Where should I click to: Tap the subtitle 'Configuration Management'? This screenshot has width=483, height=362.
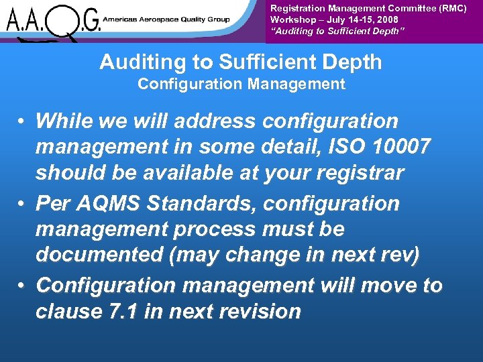pyautogui.click(x=241, y=84)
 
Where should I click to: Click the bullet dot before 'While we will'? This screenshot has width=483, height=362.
pyautogui.click(x=22, y=122)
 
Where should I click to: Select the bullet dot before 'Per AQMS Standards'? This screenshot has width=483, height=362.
pyautogui.click(x=22, y=203)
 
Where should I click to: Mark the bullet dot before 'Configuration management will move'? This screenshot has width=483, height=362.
pyautogui.click(x=22, y=285)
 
